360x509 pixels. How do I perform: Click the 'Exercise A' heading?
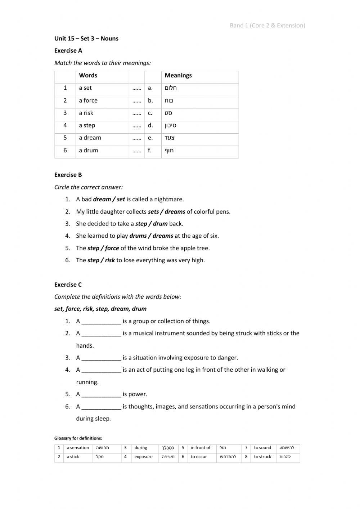point(68,51)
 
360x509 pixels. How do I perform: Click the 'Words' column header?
point(88,76)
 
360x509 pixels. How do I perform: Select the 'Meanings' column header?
point(178,76)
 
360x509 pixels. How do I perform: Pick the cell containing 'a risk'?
point(86,113)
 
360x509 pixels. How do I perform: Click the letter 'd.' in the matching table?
point(150,125)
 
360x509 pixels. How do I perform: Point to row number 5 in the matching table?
point(65,138)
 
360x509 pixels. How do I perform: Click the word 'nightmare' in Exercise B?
point(171,200)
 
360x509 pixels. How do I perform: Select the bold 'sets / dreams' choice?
point(166,212)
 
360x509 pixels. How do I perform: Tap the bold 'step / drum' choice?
point(151,224)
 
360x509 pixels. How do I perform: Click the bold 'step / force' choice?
point(103,248)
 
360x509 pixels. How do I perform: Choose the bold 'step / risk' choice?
point(101,260)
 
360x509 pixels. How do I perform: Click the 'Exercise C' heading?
point(68,285)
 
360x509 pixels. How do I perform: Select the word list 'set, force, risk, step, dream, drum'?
point(100,309)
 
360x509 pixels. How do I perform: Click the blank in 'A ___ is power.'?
point(101,394)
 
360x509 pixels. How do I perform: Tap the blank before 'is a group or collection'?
point(101,321)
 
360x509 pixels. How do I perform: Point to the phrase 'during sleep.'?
point(93,419)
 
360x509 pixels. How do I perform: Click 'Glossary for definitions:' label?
point(78,438)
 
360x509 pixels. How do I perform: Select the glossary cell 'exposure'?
point(143,457)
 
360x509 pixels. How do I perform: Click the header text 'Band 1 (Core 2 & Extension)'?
point(267,26)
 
